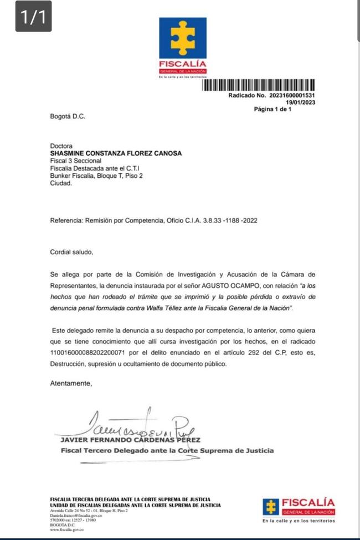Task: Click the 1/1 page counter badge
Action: pyautogui.click(x=33, y=17)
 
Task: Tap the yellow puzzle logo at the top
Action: pyautogui.click(x=183, y=38)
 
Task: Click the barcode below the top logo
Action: pyautogui.click(x=259, y=86)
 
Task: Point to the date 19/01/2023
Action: pyautogui.click(x=300, y=102)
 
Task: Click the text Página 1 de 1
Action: pyautogui.click(x=272, y=109)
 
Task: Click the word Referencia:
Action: pyautogui.click(x=66, y=220)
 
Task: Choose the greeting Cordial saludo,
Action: pyautogui.click(x=72, y=252)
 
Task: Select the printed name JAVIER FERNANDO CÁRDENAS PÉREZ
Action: pyautogui.click(x=130, y=440)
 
